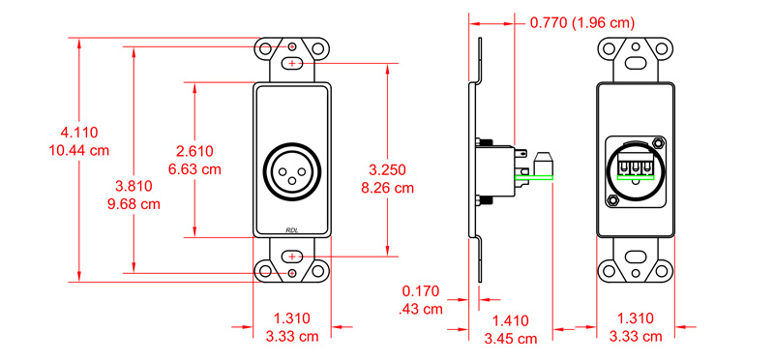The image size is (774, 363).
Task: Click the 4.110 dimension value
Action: click(79, 132)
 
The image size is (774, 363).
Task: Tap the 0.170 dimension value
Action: click(422, 289)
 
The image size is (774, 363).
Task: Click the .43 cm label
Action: click(421, 309)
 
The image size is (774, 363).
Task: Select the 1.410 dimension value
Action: click(510, 319)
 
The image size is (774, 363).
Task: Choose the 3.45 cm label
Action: click(510, 339)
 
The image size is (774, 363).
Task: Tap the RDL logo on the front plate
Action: click(292, 229)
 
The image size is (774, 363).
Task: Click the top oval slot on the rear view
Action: click(637, 63)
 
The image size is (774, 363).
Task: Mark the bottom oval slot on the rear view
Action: click(637, 257)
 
